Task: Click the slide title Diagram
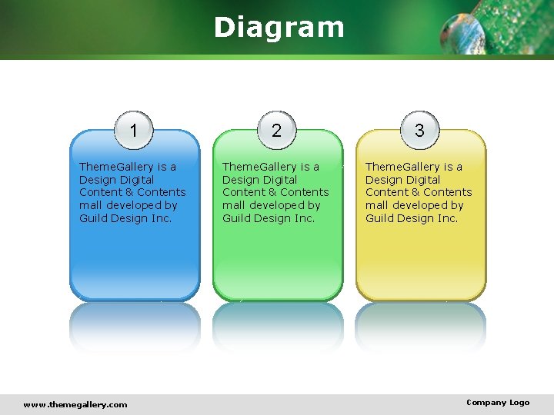coord(279,27)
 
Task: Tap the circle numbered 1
coord(134,131)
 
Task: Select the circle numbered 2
coord(276,131)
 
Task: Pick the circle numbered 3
coord(419,131)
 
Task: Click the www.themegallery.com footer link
coord(75,404)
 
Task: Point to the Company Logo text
coord(498,403)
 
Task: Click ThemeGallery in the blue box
coord(116,167)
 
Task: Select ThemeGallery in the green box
coord(259,167)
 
